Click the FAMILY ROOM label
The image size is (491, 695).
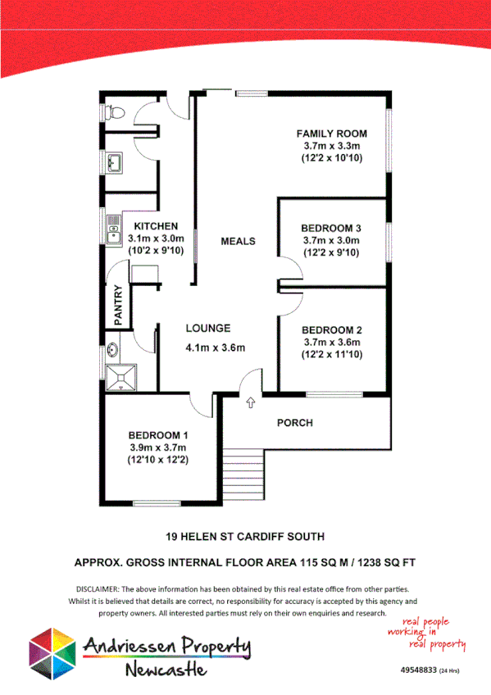(331, 134)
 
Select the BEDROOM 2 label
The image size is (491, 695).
(331, 330)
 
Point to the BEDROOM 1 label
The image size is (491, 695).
(158, 434)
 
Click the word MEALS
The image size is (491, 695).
(238, 241)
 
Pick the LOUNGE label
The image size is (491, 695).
(207, 329)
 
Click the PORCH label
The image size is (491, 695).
(294, 423)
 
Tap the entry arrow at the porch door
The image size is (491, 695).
(249, 402)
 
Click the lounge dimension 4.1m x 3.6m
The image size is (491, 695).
(216, 347)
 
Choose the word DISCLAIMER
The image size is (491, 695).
(97, 589)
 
